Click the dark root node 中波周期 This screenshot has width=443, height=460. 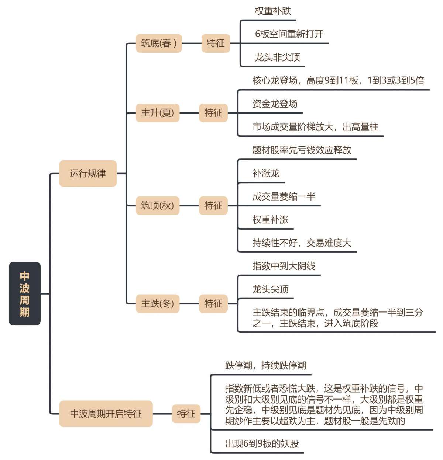click(x=25, y=293)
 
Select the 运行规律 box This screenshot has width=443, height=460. click(x=88, y=173)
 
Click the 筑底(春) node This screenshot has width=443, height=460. click(x=159, y=43)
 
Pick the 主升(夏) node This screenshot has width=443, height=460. click(x=158, y=113)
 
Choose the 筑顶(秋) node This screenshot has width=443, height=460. click(x=158, y=205)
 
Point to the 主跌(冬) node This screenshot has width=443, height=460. click(x=158, y=303)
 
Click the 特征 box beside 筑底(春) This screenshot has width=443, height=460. click(x=216, y=43)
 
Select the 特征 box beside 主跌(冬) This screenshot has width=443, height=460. click(x=213, y=303)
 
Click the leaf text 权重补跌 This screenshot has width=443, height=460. click(x=273, y=11)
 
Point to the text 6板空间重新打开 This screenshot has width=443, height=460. click(x=289, y=34)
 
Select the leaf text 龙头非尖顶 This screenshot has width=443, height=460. click(x=277, y=57)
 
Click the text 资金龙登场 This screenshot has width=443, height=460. click(x=275, y=104)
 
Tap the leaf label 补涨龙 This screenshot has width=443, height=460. click(x=266, y=173)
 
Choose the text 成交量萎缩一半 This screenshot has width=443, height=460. click(x=284, y=196)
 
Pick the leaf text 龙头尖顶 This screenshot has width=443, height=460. click(x=270, y=289)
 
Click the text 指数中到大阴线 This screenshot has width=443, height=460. click(x=284, y=266)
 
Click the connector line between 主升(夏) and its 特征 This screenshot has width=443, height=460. click(x=189, y=113)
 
